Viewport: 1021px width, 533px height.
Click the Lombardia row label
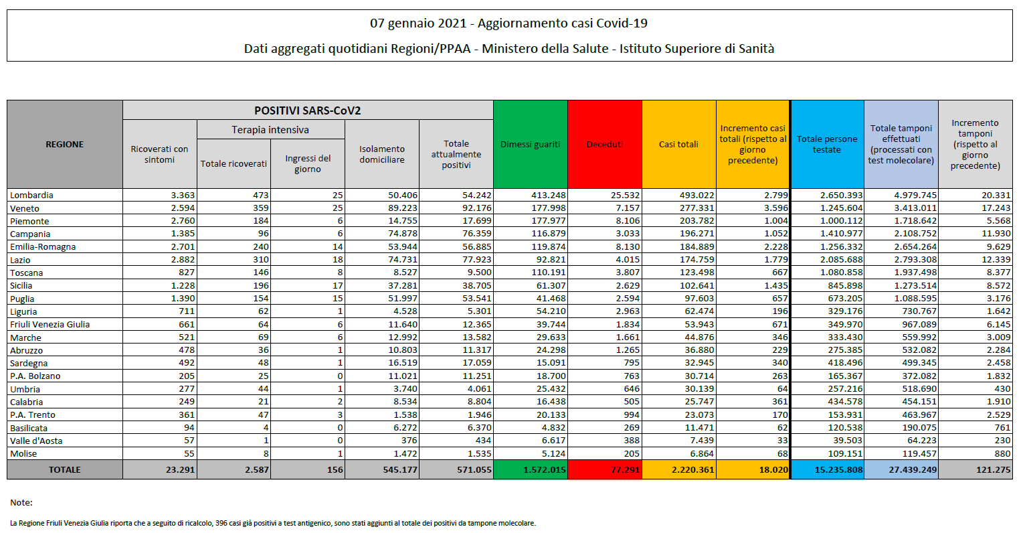(x=31, y=196)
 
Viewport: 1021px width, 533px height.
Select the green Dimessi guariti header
(x=530, y=144)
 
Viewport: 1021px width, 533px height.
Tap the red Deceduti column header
(x=604, y=144)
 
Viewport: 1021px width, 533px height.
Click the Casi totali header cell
(x=678, y=144)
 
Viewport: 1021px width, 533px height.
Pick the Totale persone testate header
(x=827, y=144)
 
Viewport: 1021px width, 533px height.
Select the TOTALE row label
(x=64, y=470)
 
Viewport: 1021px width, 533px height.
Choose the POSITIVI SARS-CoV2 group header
(x=307, y=110)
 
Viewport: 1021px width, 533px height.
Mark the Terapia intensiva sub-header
(x=270, y=130)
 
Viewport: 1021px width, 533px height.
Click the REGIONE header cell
(x=64, y=144)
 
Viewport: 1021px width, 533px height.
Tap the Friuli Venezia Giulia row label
(x=50, y=325)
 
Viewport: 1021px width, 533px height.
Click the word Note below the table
(x=21, y=502)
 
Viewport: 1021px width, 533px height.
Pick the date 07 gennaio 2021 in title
(x=418, y=23)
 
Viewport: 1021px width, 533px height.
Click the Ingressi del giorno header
(x=308, y=163)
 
